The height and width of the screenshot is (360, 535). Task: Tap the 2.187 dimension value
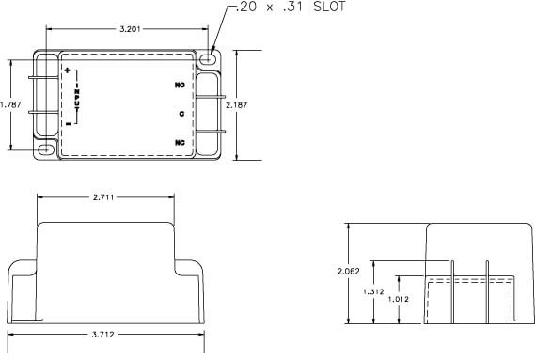click(236, 105)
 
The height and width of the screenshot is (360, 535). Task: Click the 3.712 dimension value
click(105, 333)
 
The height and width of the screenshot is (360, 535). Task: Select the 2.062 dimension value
click(349, 271)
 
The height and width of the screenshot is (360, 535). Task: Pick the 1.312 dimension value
click(373, 291)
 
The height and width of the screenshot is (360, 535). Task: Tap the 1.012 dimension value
click(400, 300)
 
